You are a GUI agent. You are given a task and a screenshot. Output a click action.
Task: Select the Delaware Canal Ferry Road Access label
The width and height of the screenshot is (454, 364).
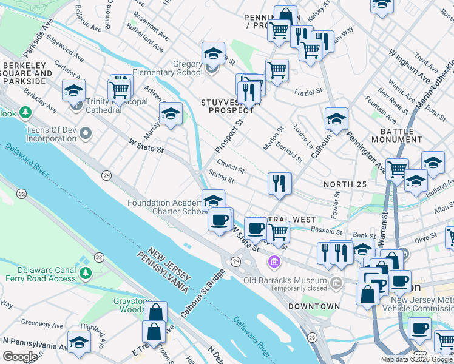(38, 274)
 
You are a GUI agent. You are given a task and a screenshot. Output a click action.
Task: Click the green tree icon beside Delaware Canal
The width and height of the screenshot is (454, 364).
(85, 274)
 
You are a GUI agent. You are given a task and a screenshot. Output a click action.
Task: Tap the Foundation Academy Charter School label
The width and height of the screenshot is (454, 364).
(167, 207)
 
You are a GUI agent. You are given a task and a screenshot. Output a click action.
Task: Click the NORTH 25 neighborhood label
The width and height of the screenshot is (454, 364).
(346, 184)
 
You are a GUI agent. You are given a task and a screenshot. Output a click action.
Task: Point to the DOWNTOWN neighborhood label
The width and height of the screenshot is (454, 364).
(314, 306)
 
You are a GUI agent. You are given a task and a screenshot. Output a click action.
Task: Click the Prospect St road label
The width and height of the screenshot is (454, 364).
(229, 135)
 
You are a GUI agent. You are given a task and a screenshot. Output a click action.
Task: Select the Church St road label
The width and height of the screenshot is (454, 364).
(231, 170)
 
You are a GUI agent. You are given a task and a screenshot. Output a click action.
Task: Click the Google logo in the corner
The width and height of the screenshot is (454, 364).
(19, 357)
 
